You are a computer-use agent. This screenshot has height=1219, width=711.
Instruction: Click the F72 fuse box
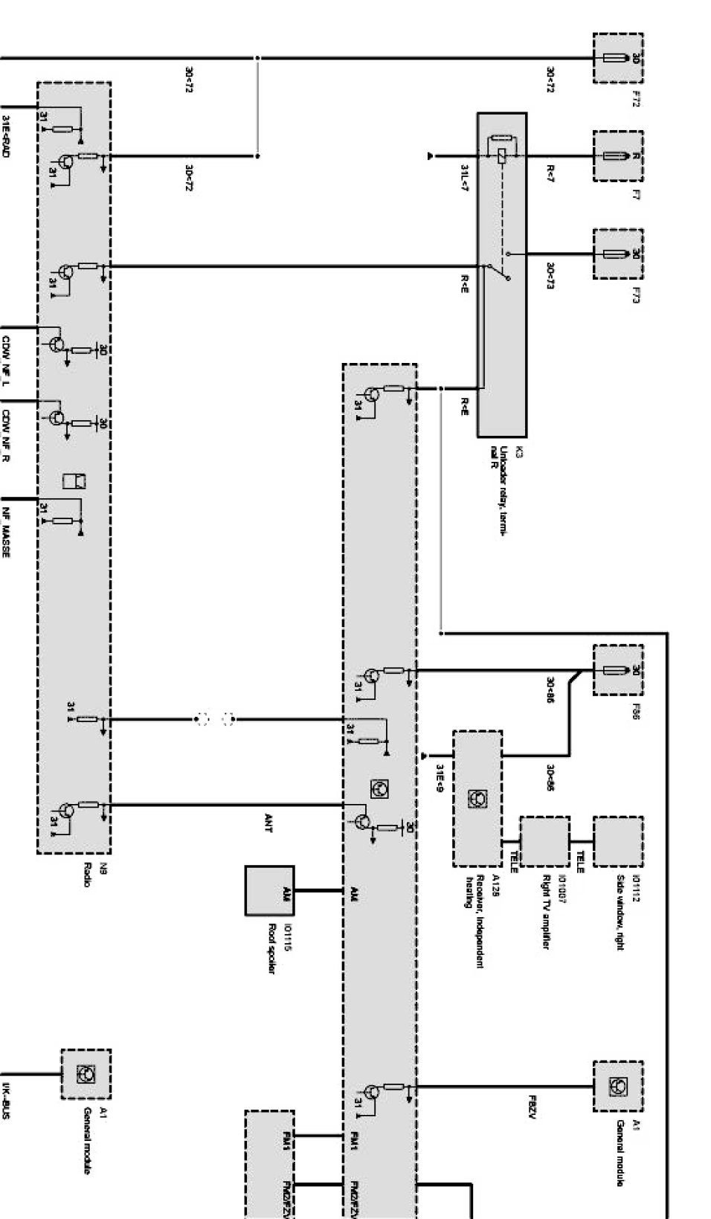pos(618,58)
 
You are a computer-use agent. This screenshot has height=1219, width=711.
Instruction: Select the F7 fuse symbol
pos(617,156)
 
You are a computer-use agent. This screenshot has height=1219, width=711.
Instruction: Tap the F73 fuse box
pos(618,254)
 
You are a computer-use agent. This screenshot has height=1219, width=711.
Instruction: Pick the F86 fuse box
pos(618,670)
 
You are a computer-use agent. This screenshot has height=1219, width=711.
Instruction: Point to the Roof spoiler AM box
pos(269,890)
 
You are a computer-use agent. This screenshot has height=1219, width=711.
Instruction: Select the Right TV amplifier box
pos(544,841)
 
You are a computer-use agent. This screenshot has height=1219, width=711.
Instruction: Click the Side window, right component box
pos(618,841)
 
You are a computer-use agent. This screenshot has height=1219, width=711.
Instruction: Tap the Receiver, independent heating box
pos(477,799)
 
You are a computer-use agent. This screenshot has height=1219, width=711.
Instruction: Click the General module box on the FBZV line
pos(618,1087)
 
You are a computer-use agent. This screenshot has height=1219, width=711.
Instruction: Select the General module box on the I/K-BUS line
pos(86,1074)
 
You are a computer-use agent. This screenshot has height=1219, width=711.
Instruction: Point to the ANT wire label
pos(268,823)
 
